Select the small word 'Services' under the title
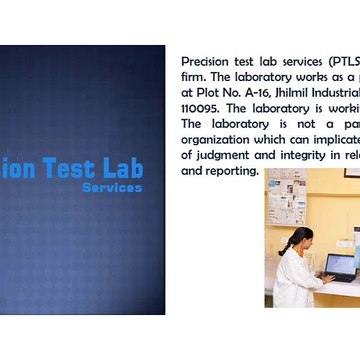click(112, 187)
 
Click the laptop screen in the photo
click(340, 265)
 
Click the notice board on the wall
click(286, 197)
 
